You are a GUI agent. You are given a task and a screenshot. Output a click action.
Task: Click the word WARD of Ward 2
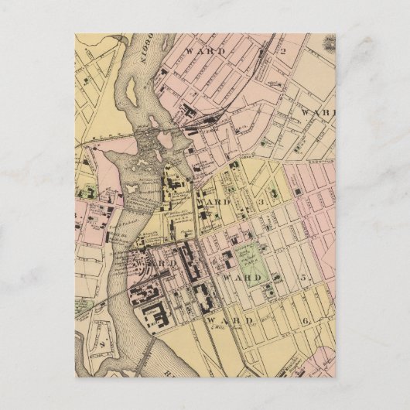tap(207, 51)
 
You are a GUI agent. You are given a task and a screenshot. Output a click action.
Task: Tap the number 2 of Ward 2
tap(283, 52)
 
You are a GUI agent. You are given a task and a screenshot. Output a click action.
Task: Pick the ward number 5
tap(304, 277)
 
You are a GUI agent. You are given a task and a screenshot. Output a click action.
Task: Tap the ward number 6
tap(306, 320)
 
